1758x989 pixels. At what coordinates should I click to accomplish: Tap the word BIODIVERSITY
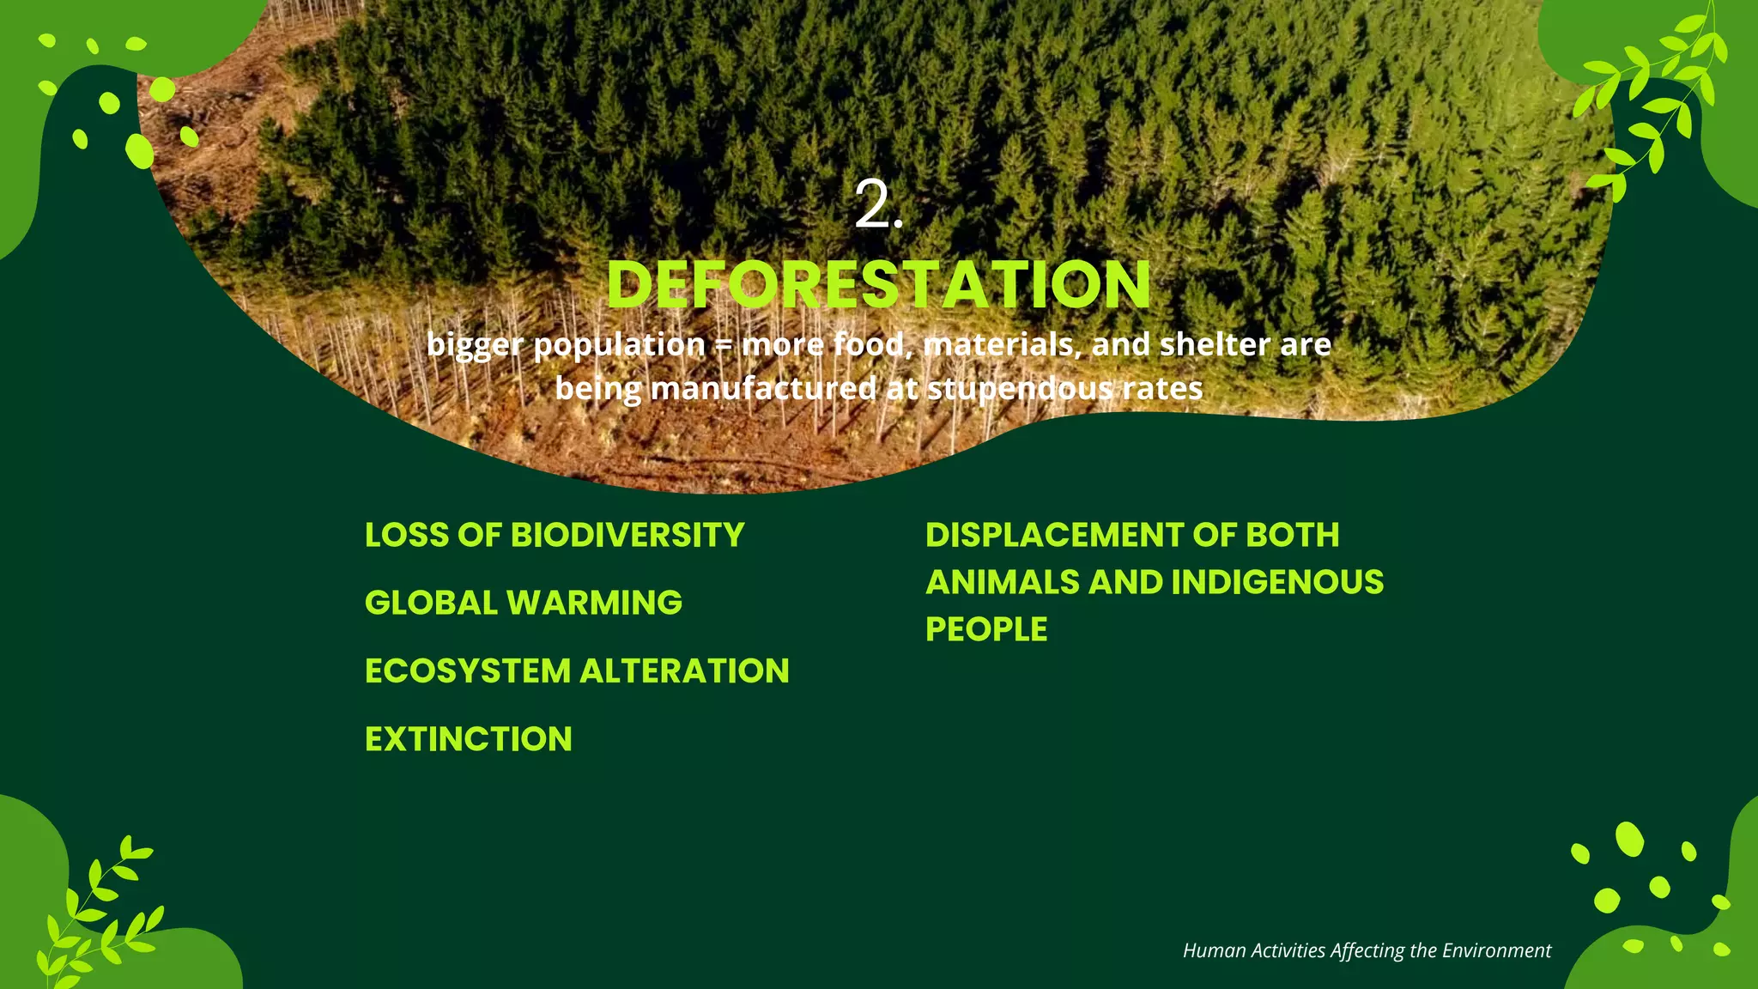pyautogui.click(x=627, y=535)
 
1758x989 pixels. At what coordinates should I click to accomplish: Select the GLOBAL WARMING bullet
pyautogui.click(x=524, y=603)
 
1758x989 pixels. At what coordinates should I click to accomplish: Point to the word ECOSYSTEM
pyautogui.click(x=468, y=671)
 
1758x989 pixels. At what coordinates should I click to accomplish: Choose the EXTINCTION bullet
pyautogui.click(x=469, y=739)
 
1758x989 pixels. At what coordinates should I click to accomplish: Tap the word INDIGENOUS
pyautogui.click(x=1277, y=582)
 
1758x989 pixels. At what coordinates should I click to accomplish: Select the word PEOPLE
pyautogui.click(x=986, y=629)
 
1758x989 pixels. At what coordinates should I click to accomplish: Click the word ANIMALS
pyautogui.click(x=1002, y=582)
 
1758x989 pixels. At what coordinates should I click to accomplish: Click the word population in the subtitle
pyautogui.click(x=619, y=345)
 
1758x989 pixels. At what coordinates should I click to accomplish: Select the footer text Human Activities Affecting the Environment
pyautogui.click(x=1367, y=950)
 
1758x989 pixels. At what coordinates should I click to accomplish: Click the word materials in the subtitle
pyautogui.click(x=1002, y=344)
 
